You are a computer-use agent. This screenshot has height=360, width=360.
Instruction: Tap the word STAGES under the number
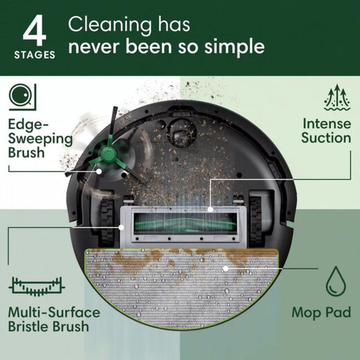coord(34,54)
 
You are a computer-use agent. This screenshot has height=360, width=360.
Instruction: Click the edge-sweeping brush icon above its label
coord(21,96)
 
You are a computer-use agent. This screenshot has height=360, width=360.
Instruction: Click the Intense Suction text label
coord(326,130)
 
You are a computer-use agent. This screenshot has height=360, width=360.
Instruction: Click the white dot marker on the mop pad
coord(226,267)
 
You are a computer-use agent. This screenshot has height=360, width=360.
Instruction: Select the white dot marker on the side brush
coord(98,168)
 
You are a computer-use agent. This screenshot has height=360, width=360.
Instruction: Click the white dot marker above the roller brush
coord(211,208)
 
